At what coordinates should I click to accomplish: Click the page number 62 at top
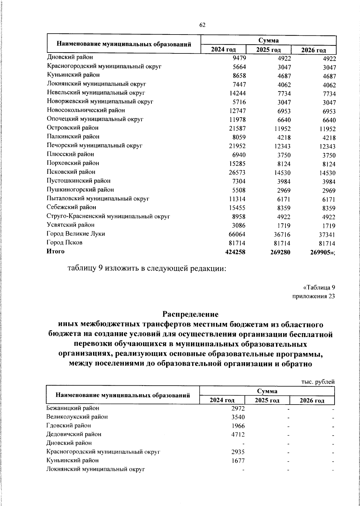(x=202, y=25)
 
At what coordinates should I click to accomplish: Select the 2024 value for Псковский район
(x=237, y=173)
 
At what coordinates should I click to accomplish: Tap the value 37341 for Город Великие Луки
(x=326, y=234)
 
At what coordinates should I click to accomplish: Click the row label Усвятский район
(x=70, y=225)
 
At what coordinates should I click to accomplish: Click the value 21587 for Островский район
(x=237, y=129)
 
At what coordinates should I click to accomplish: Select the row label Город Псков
(x=64, y=242)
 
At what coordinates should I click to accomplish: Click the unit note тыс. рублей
(x=318, y=382)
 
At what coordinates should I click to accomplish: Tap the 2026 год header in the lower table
(x=312, y=400)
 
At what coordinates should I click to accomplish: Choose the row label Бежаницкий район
(x=73, y=408)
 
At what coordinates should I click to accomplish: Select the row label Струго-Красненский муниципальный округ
(x=109, y=216)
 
